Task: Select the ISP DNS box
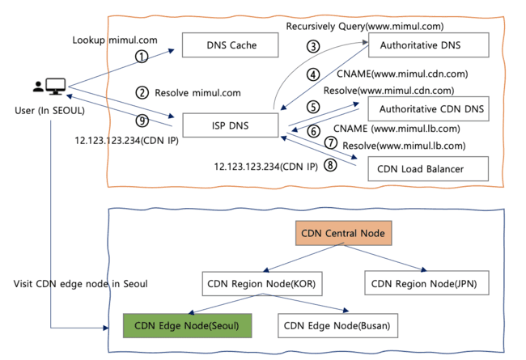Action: point(230,125)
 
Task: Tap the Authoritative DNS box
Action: point(428,45)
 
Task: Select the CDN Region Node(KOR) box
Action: point(261,283)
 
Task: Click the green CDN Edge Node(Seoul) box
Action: point(188,325)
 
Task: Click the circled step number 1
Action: point(142,57)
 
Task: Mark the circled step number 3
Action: point(312,46)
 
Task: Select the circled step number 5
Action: point(312,106)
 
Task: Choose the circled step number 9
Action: point(142,121)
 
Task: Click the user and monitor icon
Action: point(49,86)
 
